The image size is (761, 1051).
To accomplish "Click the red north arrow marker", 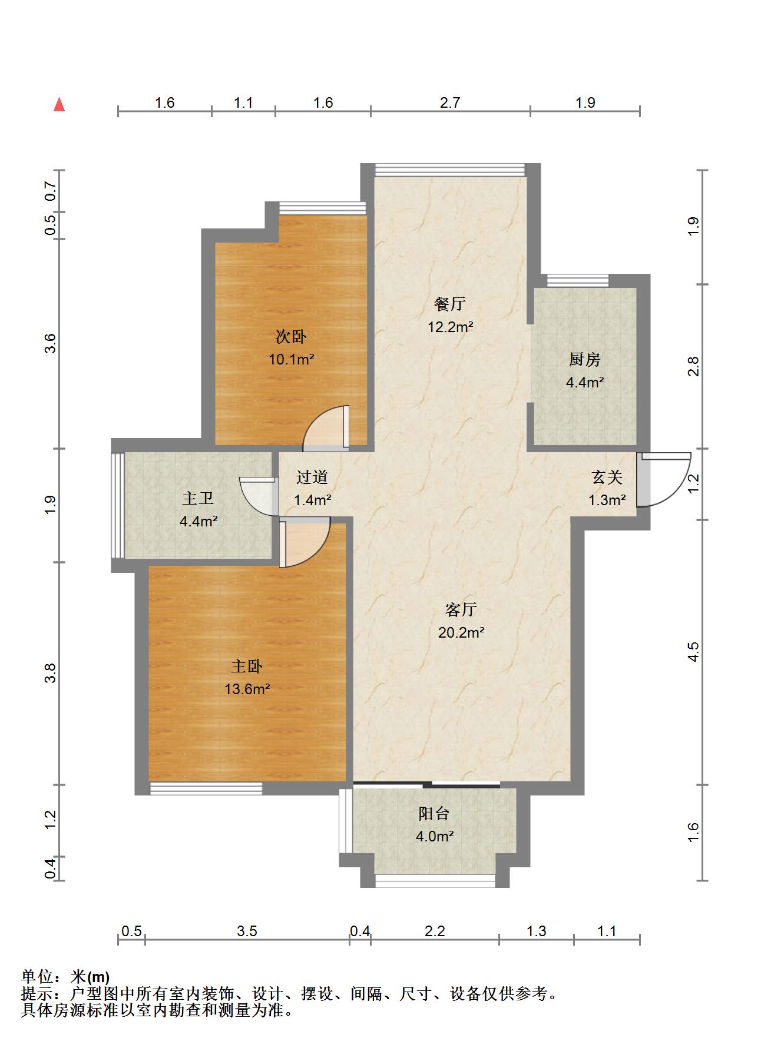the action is [59, 104].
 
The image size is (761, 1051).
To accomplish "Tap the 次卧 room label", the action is [291, 337].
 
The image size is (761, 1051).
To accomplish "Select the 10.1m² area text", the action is [292, 359].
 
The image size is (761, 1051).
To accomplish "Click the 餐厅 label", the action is [450, 304].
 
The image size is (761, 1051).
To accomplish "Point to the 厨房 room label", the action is [584, 359].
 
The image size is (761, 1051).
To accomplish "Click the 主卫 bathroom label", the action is [197, 498].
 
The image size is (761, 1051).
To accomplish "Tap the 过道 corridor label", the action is [312, 477].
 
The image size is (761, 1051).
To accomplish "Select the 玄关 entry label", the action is [607, 477].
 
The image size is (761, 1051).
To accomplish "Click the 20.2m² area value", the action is [461, 633].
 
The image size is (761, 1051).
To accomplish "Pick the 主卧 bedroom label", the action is [247, 667].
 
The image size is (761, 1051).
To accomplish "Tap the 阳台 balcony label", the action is [434, 814].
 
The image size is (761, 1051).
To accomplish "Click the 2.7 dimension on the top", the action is [450, 103].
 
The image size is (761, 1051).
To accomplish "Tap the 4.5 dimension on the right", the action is [693, 652].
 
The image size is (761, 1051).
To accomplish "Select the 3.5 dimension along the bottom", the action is [247, 931].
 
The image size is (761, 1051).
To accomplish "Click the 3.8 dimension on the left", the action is [51, 673].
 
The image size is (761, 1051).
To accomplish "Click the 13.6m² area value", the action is [247, 689].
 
